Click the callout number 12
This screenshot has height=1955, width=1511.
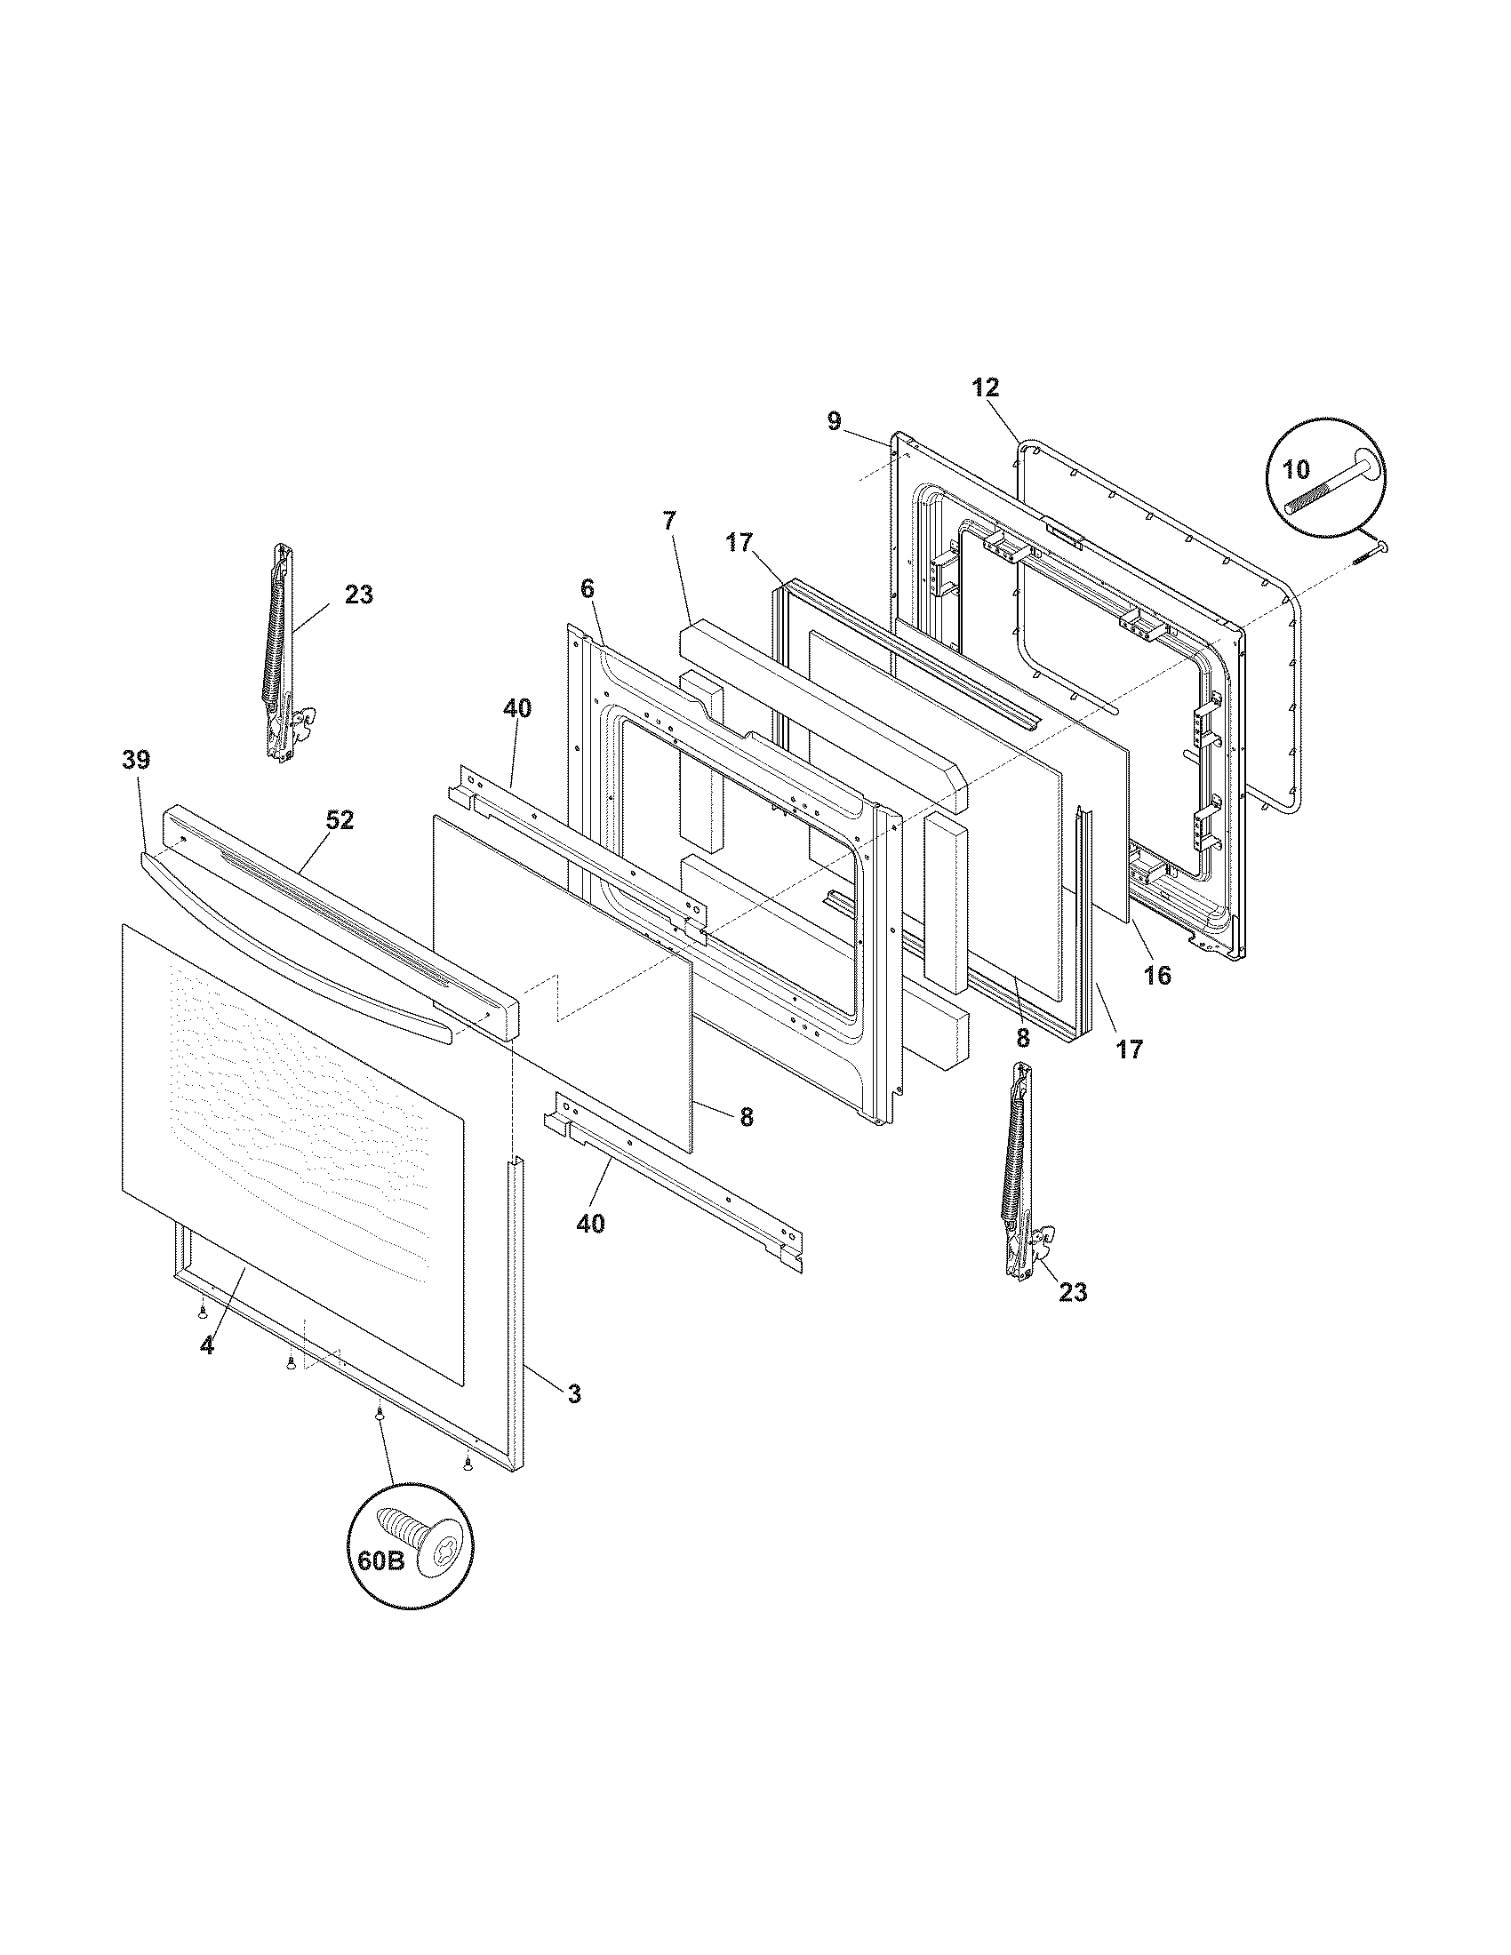click(986, 387)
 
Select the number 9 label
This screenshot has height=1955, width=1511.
click(835, 420)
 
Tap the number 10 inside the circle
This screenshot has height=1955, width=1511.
click(1296, 468)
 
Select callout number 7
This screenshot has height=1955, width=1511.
click(670, 520)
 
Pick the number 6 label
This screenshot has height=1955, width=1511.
click(588, 588)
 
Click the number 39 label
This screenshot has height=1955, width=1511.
click(136, 760)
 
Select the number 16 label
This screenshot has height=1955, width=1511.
click(1157, 975)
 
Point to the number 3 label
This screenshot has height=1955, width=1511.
click(574, 1392)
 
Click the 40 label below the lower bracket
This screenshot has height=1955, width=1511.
click(590, 1223)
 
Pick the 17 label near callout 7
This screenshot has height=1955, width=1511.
click(740, 542)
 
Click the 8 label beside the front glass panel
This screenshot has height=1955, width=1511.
click(747, 1116)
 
